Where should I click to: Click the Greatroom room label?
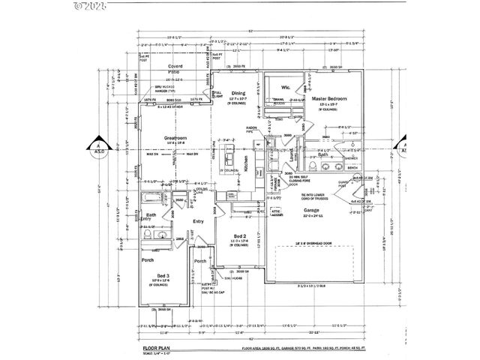pyautogui.click(x=175, y=137)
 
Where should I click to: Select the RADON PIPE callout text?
pyautogui.click(x=252, y=129)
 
